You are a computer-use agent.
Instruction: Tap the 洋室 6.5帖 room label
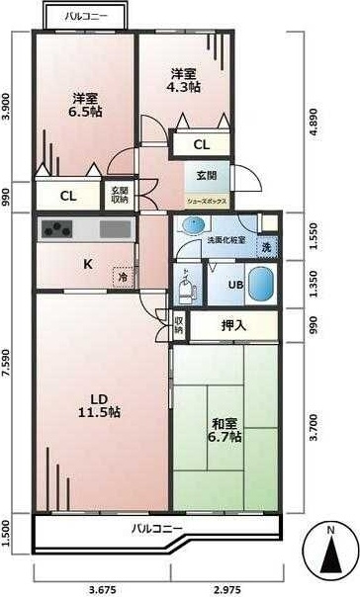point(86,104)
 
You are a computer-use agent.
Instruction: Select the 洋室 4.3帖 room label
point(184,80)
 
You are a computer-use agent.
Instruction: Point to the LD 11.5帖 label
point(100,404)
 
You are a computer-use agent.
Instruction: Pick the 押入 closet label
point(233,324)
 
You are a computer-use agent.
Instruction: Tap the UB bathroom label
point(235,286)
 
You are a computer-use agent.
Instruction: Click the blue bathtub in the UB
point(259,287)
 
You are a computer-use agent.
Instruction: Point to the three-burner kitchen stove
point(56,230)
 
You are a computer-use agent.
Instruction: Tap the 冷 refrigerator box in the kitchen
point(124,278)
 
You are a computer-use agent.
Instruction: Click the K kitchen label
point(87,264)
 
